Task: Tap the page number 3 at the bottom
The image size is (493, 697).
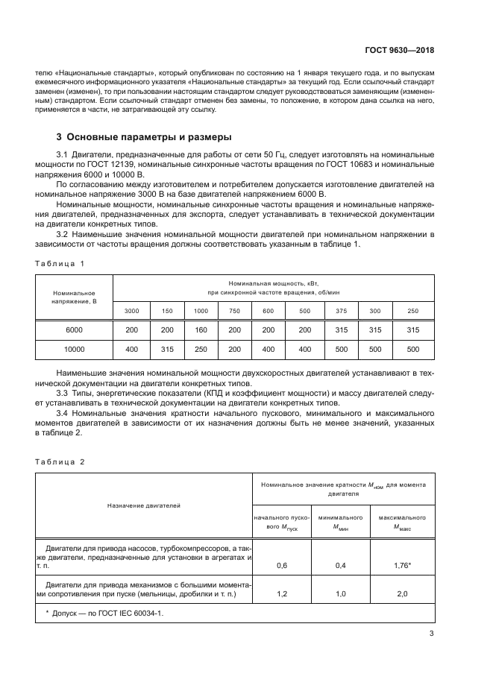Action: (432, 634)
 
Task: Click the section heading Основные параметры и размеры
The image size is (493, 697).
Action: (145, 137)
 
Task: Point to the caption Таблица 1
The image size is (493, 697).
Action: (60, 263)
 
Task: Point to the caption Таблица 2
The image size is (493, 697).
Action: (60, 461)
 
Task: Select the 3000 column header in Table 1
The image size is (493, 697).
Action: (131, 310)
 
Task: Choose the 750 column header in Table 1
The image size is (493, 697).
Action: (234, 310)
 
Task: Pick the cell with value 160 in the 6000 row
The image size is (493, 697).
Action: (201, 329)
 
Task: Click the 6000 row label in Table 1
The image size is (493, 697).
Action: (74, 329)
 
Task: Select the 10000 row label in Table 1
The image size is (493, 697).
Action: (74, 349)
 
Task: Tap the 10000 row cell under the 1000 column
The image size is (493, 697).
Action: (201, 349)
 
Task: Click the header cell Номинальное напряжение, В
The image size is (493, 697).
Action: (74, 297)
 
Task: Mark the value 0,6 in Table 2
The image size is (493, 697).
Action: (282, 566)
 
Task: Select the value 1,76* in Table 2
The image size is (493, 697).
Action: (402, 566)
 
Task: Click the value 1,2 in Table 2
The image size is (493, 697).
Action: (282, 594)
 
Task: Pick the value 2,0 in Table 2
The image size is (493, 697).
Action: (402, 594)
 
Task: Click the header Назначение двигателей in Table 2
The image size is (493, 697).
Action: (144, 505)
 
